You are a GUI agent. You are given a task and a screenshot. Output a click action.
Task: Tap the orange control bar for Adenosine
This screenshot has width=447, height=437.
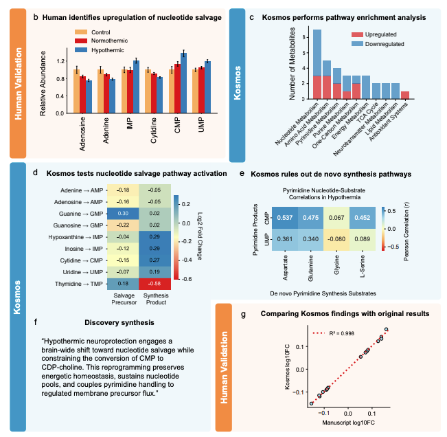(77, 91)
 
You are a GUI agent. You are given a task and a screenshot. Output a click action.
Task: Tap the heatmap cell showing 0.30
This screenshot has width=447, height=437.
(120, 214)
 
